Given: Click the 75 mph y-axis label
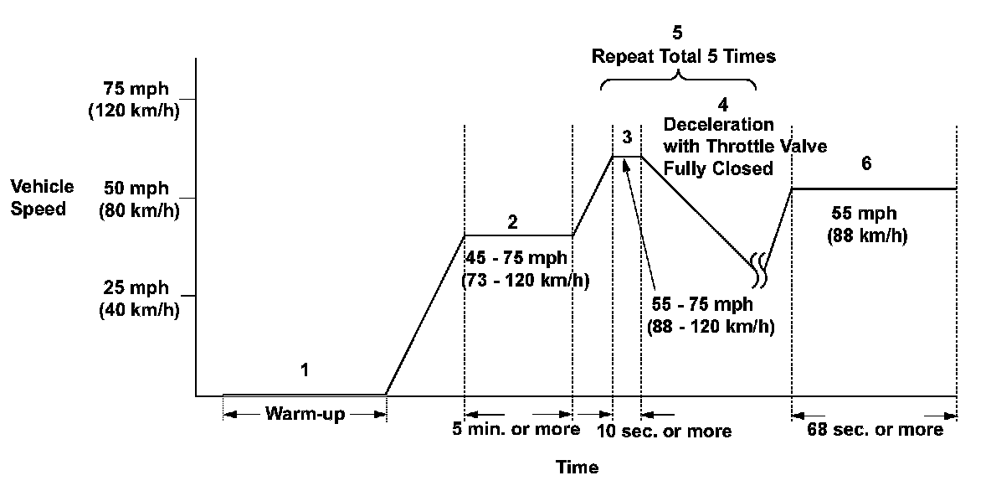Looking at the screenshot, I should coord(135,100).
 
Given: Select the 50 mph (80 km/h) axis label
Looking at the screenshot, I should coord(135,199).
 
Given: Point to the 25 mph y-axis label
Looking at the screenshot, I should coord(135,298).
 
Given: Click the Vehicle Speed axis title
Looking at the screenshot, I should coord(41,198).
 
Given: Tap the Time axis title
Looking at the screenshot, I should coord(578,468).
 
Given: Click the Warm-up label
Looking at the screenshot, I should coord(304,413).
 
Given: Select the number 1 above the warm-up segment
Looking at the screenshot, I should coord(305,370).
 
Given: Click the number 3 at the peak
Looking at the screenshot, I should coord(627,137).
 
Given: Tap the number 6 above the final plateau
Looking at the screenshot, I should coord(866,163).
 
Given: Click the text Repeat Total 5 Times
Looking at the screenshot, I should coord(684,57).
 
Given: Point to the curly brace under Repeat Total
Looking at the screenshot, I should coord(678,81).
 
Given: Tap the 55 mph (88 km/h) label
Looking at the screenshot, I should coord(866,225).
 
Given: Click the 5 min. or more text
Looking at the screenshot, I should coord(516,430).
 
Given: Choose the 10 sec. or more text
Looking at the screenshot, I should coord(665,431).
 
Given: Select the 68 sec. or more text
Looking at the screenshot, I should coord(875,430).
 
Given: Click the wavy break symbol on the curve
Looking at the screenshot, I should coord(759,266).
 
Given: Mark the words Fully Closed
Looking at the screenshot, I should coord(718,168).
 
